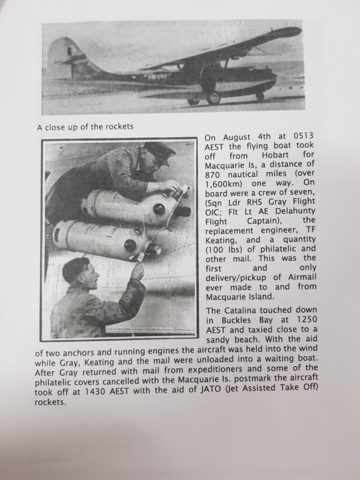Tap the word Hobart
[275, 155]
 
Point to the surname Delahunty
[295, 211]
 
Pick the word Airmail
[301, 277]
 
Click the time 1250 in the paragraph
[307, 319]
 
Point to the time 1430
[96, 391]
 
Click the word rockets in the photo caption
[120, 127]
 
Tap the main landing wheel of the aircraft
[213, 98]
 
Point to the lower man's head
[80, 272]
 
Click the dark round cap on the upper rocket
[159, 209]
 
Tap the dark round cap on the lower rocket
[130, 245]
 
